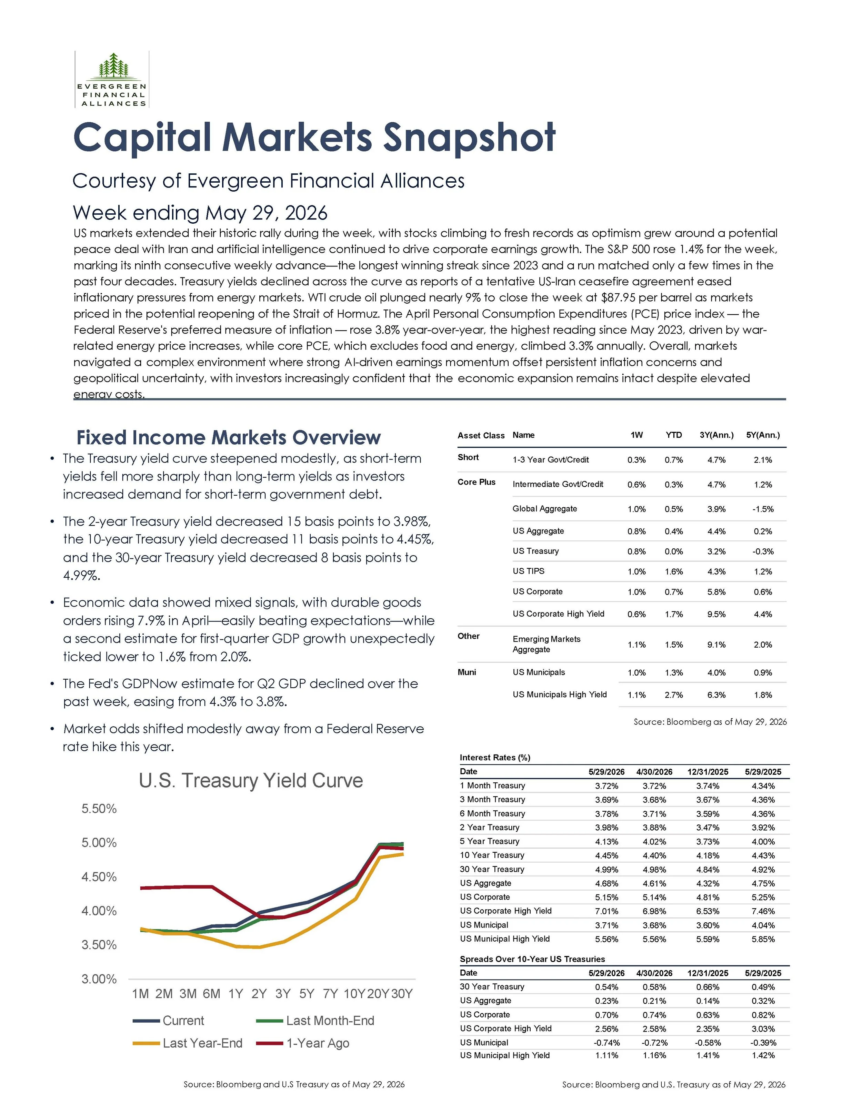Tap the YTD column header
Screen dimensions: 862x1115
pyautogui.click(x=673, y=435)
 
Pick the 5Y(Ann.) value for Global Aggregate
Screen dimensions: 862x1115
pyautogui.click(x=763, y=509)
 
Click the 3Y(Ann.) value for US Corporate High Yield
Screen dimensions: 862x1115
pyautogui.click(x=716, y=614)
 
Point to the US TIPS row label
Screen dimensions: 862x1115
pyautogui.click(x=529, y=571)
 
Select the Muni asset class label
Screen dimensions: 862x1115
pyautogui.click(x=467, y=672)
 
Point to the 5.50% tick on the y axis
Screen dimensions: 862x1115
pyautogui.click(x=99, y=809)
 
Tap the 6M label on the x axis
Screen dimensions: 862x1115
pyautogui.click(x=211, y=993)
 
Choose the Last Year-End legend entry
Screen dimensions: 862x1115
pyautogui.click(x=188, y=1043)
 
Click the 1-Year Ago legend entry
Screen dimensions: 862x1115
pyautogui.click(x=303, y=1043)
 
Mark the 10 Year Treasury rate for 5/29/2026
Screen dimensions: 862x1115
pyautogui.click(x=607, y=855)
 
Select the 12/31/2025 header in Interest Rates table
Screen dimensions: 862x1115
pyautogui.click(x=708, y=771)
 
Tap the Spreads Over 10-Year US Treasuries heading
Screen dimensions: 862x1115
pyautogui.click(x=532, y=959)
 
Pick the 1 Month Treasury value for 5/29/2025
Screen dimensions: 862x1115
pyautogui.click(x=763, y=786)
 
